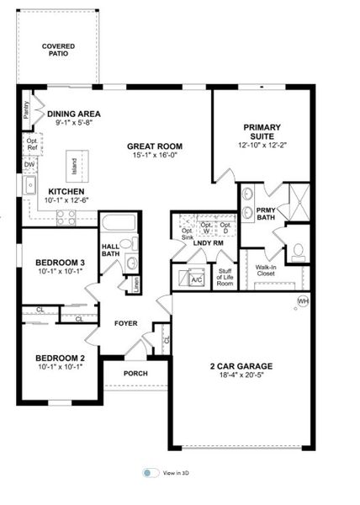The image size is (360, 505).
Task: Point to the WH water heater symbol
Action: pos(302,301)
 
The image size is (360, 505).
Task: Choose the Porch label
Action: pos(135,373)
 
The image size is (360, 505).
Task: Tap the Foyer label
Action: pos(126,322)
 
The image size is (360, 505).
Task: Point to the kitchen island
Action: pos(74,165)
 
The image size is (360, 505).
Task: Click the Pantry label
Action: pos(26,108)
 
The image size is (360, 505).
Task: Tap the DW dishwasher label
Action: pos(30,165)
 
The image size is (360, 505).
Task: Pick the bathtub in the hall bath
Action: pos(117,225)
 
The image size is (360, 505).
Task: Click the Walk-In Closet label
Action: pos(267,269)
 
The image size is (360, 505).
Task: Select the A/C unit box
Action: pos(194,279)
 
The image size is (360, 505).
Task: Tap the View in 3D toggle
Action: pos(151,473)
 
